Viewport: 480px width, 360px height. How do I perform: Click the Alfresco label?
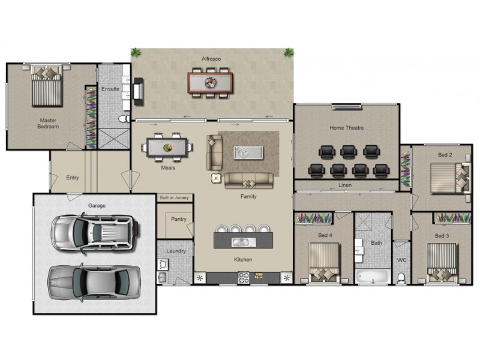(212, 58)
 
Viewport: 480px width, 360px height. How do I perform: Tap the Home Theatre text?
(346, 128)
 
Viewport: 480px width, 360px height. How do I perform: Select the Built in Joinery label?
(174, 197)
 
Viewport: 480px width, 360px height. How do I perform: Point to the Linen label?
(344, 185)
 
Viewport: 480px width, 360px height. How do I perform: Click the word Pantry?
(178, 219)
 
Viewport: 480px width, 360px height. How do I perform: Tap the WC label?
(401, 260)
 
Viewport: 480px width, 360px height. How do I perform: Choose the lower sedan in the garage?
(95, 280)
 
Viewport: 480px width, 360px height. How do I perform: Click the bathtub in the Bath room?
(372, 277)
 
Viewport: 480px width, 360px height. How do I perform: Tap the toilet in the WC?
(401, 277)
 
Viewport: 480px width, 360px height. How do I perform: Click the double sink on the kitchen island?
(243, 242)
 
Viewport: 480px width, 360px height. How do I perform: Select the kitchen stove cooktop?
(244, 277)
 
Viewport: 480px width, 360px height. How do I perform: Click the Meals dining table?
(168, 146)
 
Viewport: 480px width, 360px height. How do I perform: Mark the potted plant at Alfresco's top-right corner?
(289, 52)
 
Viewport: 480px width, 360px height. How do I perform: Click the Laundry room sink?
(162, 277)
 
